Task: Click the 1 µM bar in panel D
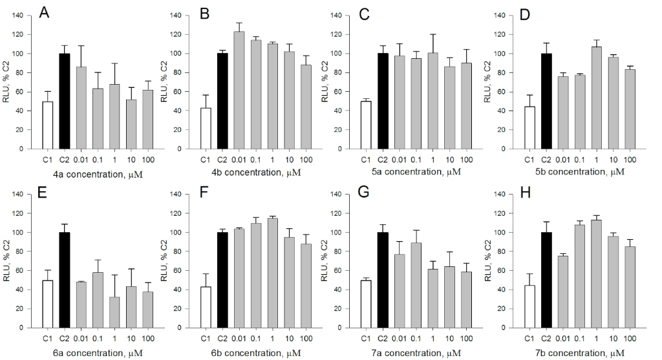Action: click(596, 98)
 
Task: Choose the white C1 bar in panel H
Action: click(529, 306)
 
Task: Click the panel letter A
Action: click(44, 13)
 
